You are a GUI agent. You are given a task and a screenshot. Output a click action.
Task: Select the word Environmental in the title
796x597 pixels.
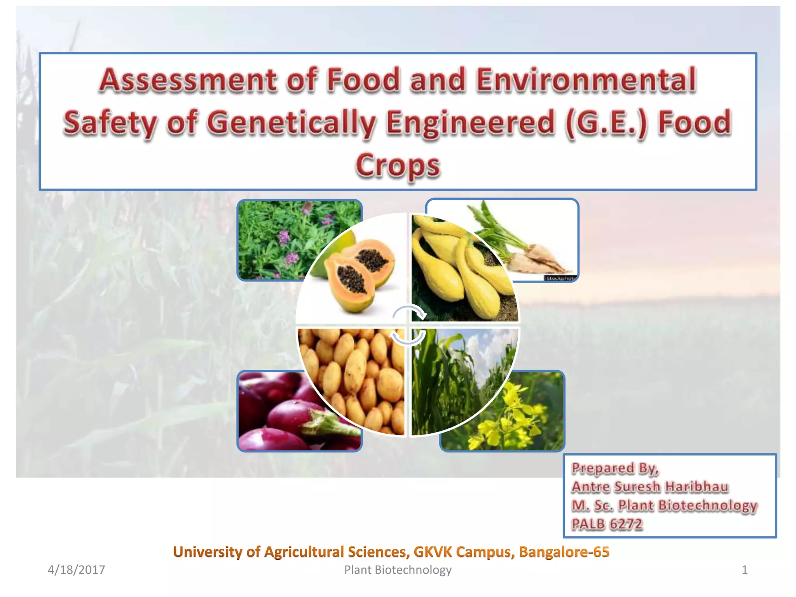(x=586, y=80)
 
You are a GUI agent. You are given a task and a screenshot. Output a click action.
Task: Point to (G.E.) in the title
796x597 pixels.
(x=606, y=122)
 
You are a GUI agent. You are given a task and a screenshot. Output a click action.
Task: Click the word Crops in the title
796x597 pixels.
(x=398, y=165)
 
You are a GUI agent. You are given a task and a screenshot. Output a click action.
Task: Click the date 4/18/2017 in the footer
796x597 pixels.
(x=76, y=570)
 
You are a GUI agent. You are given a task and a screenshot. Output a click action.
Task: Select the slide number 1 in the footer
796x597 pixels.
(x=744, y=570)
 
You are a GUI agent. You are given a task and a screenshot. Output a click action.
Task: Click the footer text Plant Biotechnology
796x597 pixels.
(x=398, y=570)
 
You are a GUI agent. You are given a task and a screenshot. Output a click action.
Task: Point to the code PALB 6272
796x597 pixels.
(x=607, y=524)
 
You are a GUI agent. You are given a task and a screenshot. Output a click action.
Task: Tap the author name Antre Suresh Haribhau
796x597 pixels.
(x=650, y=487)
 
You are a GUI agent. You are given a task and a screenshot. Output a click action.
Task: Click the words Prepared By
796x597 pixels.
(x=615, y=468)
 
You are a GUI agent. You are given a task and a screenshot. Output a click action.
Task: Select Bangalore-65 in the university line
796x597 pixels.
(x=564, y=552)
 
